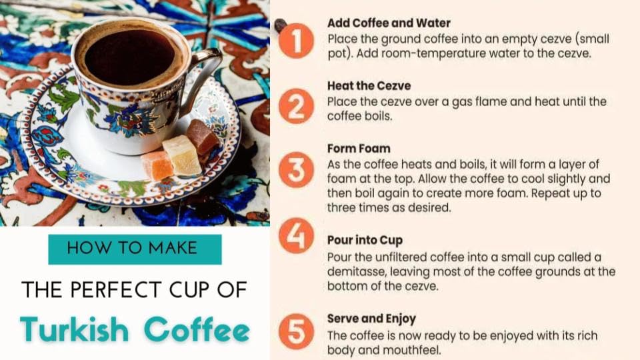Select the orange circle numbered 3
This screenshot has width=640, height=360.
pyautogui.click(x=296, y=171)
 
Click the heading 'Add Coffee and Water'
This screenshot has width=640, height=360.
pyautogui.click(x=389, y=23)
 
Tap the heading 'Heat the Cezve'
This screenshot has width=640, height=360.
pyautogui.click(x=369, y=86)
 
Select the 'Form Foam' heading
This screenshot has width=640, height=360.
pyautogui.click(x=359, y=149)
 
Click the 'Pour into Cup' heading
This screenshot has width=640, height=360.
pyautogui.click(x=365, y=240)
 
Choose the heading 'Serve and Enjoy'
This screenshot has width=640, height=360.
pyautogui.click(x=371, y=319)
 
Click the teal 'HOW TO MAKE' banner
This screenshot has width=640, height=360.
pyautogui.click(x=134, y=249)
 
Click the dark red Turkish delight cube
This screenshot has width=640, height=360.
pyautogui.click(x=202, y=137)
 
